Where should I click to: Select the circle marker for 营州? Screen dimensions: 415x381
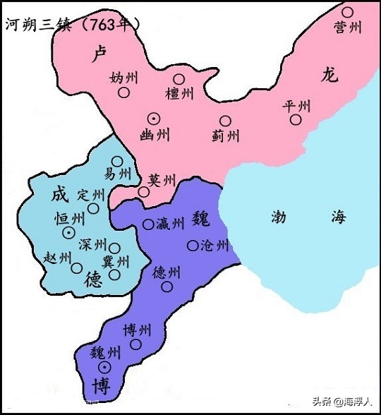(x=347, y=12)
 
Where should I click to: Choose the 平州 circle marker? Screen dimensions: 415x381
(x=296, y=120)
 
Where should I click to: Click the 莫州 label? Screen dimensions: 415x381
(x=162, y=181)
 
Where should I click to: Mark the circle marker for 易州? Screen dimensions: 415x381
(x=117, y=161)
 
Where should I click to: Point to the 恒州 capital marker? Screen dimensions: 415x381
(x=69, y=233)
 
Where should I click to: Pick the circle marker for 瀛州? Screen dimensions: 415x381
(x=148, y=224)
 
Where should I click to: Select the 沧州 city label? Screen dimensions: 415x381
(x=214, y=246)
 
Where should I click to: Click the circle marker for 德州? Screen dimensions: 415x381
(x=167, y=286)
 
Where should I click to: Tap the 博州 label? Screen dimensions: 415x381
(x=136, y=330)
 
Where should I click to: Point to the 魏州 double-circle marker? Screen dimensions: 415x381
(x=104, y=367)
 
